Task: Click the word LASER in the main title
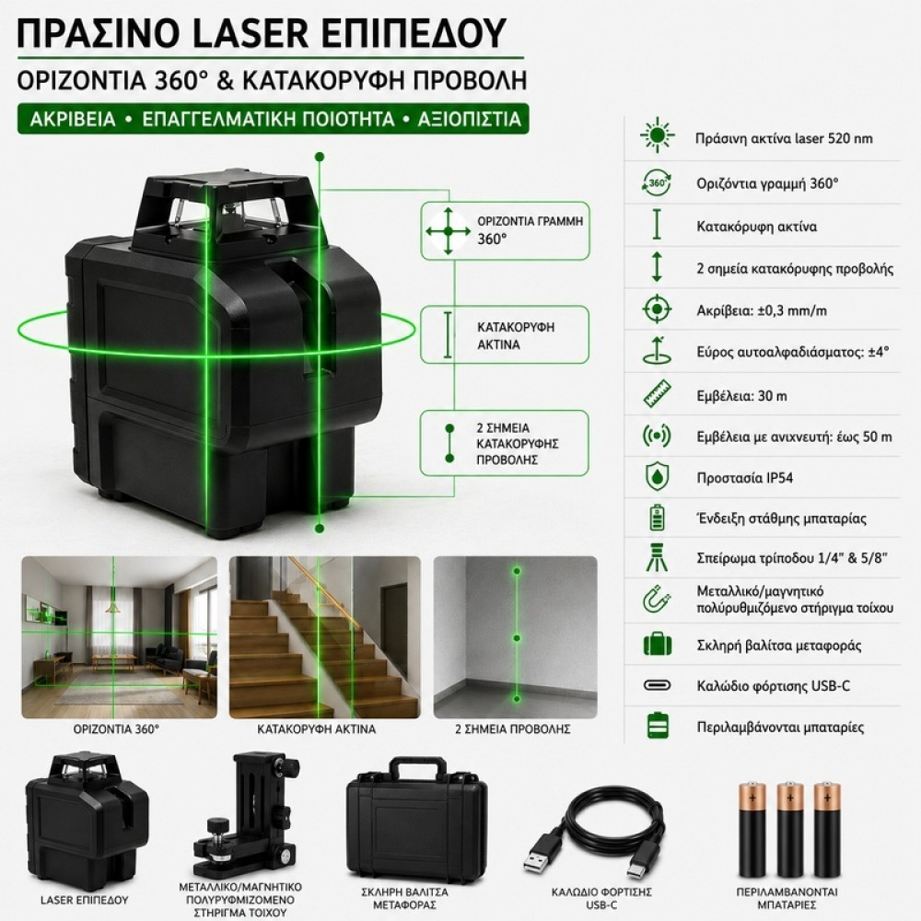point(251,32)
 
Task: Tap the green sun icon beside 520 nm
point(657,135)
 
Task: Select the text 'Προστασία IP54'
point(744,477)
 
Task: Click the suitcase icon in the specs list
point(658,645)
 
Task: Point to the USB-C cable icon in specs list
point(657,685)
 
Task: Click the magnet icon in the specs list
point(657,600)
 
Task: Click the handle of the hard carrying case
point(416,769)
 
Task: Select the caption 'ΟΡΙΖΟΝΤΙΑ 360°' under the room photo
point(116,729)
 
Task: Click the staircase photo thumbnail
point(325,637)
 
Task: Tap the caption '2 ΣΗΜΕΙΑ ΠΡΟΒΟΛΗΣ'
point(513,729)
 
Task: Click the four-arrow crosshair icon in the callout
point(449,231)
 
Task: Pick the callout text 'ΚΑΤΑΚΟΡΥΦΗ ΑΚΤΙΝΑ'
point(515,336)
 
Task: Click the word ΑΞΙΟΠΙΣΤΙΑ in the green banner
point(470,119)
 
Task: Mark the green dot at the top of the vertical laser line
point(320,157)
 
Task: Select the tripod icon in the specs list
point(657,558)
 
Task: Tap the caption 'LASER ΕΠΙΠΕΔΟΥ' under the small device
point(85,900)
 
